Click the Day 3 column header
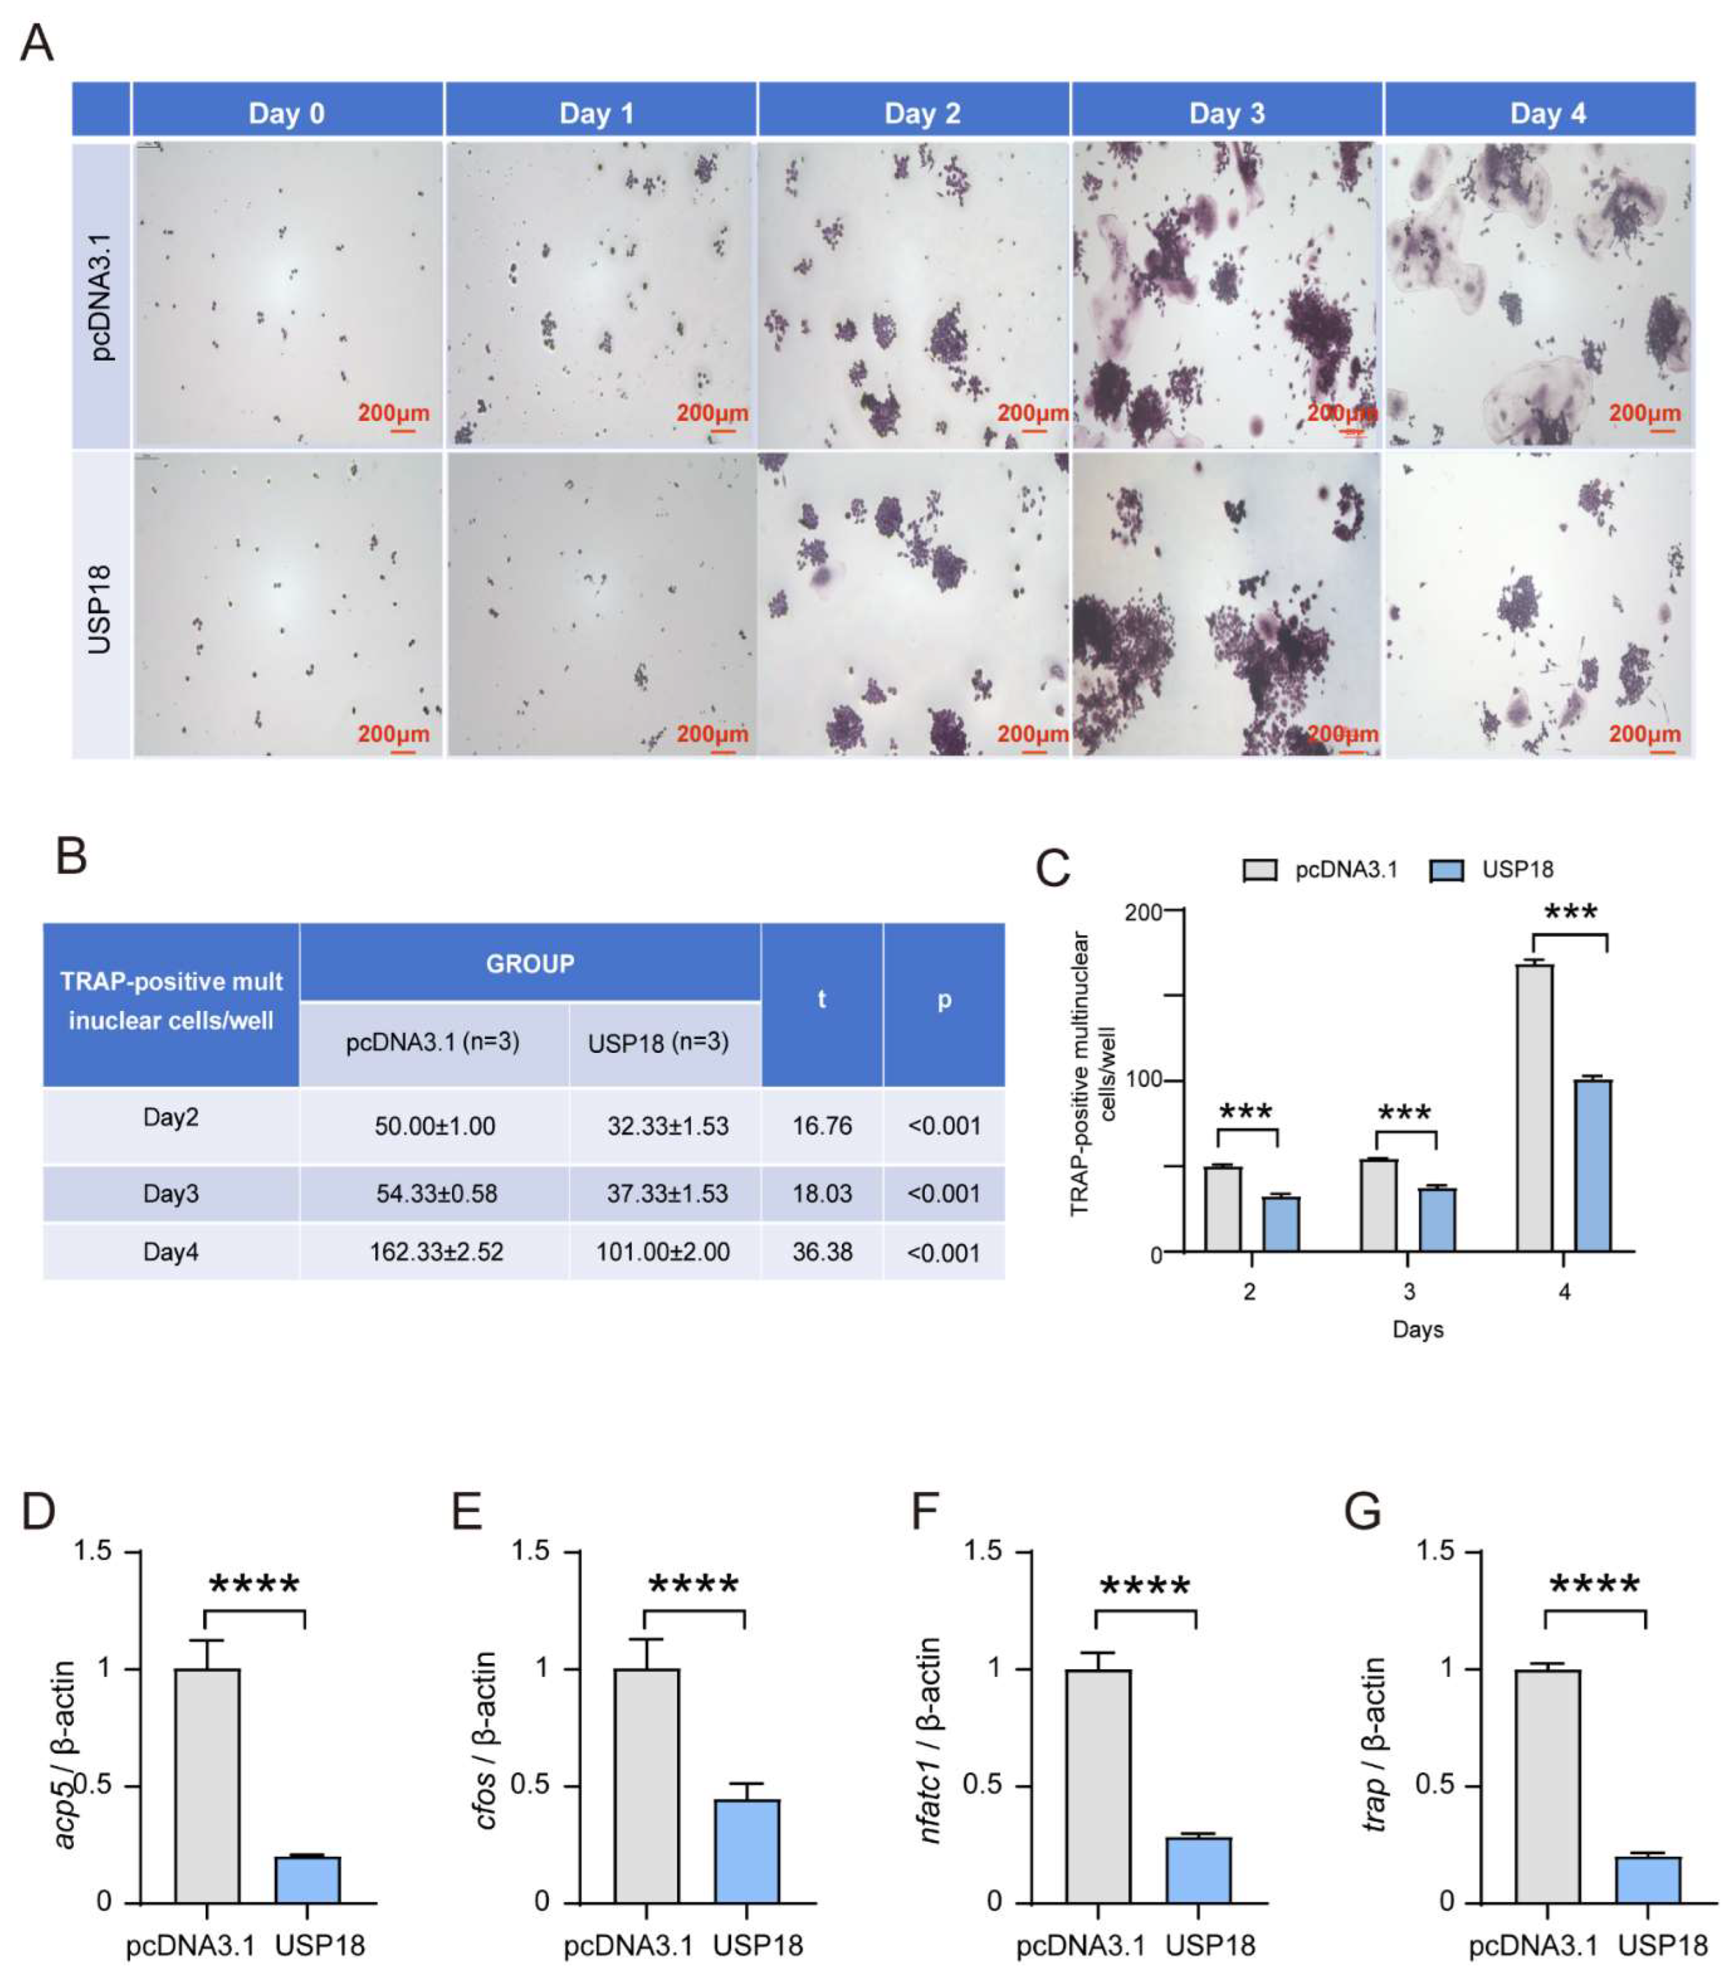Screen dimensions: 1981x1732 click(1226, 113)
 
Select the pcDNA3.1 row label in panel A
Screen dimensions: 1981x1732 click(100, 297)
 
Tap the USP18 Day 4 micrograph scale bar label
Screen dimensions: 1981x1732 click(1644, 734)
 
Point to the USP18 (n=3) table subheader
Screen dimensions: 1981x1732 click(658, 1042)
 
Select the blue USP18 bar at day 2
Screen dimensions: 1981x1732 click(1281, 1224)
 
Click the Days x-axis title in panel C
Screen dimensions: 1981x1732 click(1417, 1329)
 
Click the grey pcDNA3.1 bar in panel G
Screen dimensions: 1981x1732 click(1547, 1785)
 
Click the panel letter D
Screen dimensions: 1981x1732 click(39, 1511)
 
